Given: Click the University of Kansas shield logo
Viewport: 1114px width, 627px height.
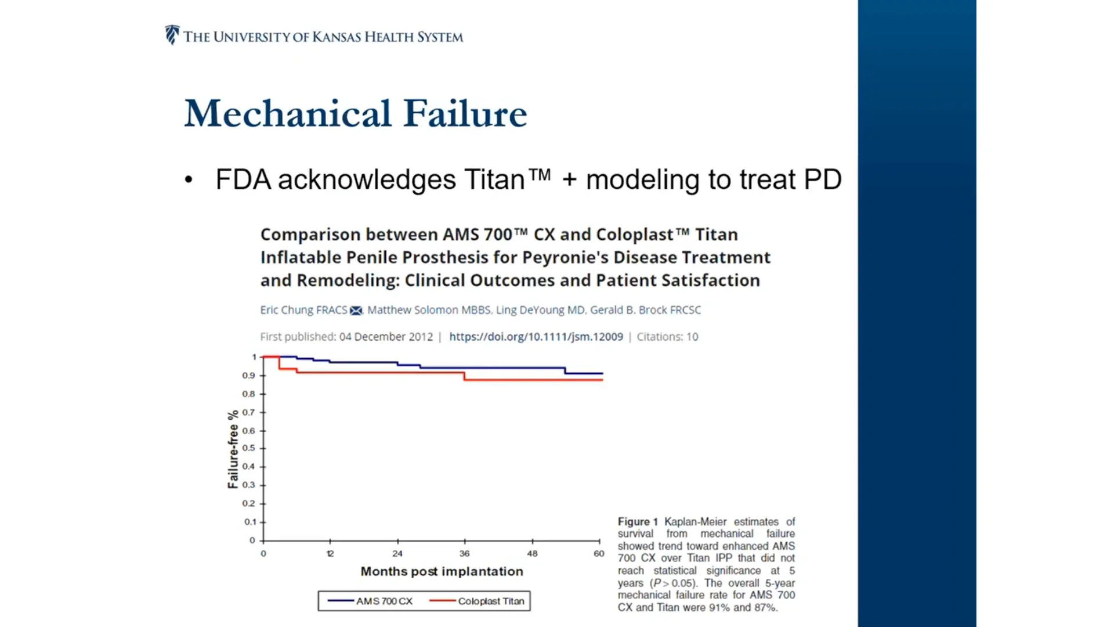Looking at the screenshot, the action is click(172, 35).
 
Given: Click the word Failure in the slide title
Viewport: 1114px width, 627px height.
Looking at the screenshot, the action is click(465, 113).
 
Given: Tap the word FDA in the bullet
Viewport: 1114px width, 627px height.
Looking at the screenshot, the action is click(243, 179).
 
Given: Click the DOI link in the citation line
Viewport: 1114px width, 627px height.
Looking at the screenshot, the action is click(536, 337).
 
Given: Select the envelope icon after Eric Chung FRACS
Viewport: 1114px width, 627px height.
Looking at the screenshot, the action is click(356, 311).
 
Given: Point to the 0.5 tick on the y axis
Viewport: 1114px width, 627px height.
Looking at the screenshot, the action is click(249, 448).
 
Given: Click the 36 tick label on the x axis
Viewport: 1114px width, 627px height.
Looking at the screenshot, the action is click(464, 553).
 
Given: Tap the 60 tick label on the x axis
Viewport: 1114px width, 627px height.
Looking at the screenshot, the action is click(599, 553).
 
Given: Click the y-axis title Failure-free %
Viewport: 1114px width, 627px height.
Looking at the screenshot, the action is click(233, 449).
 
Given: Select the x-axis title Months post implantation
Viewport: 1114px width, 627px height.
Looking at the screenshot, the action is click(442, 571).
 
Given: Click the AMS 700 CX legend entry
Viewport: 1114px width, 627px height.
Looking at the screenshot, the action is click(370, 601).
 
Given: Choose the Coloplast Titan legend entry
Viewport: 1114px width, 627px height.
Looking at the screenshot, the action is click(477, 601).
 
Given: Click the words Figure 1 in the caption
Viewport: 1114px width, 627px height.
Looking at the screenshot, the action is click(638, 521).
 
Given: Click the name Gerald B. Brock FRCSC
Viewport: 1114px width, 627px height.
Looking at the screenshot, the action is click(645, 310).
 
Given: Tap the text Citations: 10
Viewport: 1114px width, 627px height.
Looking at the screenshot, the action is click(667, 337).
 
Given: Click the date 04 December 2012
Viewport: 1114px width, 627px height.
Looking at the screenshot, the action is click(386, 337).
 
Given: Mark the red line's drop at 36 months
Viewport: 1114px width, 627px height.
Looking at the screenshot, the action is click(465, 376).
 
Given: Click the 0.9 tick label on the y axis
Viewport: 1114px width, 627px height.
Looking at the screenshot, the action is click(249, 376).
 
